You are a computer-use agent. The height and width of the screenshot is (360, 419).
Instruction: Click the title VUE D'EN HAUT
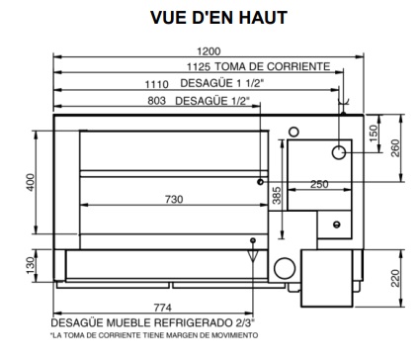click(x=218, y=18)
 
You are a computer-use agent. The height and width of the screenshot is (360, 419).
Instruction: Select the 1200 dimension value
click(x=209, y=51)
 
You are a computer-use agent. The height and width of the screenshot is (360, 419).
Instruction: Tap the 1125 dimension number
click(x=199, y=67)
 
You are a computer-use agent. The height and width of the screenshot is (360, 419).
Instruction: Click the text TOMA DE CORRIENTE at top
click(x=273, y=66)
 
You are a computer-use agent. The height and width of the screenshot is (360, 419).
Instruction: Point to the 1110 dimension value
click(x=157, y=84)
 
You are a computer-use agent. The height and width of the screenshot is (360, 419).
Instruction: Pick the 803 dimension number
click(x=157, y=101)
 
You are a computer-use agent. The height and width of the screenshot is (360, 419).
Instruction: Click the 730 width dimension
click(x=174, y=200)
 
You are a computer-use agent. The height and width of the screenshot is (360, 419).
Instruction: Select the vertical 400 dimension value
click(x=31, y=182)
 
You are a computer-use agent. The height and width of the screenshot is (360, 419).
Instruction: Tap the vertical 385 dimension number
click(x=278, y=196)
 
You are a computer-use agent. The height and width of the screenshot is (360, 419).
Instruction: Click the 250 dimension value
click(x=319, y=184)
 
